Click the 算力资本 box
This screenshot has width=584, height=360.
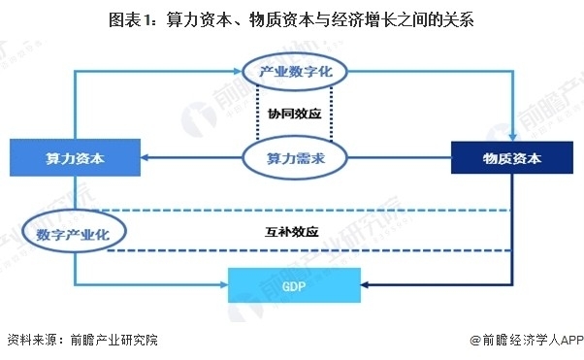[75, 157]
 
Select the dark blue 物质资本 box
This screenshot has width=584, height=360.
[512, 157]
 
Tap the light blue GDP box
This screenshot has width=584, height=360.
[294, 285]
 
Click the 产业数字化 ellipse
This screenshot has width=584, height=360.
[295, 71]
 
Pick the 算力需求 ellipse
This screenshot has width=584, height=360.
[295, 158]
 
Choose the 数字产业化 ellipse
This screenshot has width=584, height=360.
[74, 232]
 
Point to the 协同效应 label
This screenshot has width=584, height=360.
[294, 114]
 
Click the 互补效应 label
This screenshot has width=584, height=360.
[292, 232]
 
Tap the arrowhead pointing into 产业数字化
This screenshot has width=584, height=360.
[238, 71]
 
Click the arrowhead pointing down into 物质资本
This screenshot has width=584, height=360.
[513, 137]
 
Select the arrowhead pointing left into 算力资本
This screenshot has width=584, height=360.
[146, 157]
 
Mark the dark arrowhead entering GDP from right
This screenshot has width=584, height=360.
[365, 285]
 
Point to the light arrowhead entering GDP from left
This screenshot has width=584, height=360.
[224, 285]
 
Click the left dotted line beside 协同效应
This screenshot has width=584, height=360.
[257, 114]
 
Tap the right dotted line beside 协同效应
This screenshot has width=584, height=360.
[331, 114]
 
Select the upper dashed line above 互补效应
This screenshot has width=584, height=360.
[306, 211]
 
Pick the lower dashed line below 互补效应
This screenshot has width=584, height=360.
[309, 250]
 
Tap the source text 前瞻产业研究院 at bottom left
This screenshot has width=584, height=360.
[114, 340]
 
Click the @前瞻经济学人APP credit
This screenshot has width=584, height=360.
[527, 340]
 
